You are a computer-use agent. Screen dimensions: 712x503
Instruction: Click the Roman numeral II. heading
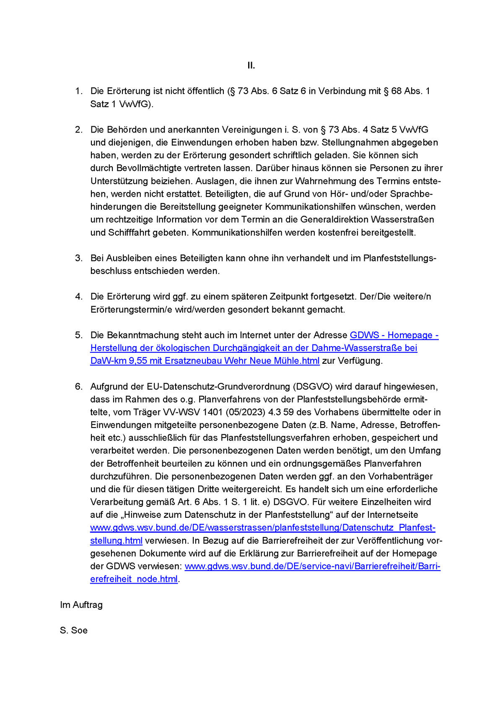(x=251, y=65)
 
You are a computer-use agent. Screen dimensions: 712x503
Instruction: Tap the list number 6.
(x=79, y=386)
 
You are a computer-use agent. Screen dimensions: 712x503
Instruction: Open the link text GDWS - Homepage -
(x=394, y=335)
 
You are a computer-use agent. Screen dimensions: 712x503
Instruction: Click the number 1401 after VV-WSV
(x=212, y=412)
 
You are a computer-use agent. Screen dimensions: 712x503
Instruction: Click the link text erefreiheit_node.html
(x=134, y=579)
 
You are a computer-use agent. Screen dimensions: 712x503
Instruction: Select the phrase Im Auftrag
(x=81, y=605)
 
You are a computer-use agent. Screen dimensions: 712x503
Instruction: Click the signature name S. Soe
(x=74, y=631)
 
